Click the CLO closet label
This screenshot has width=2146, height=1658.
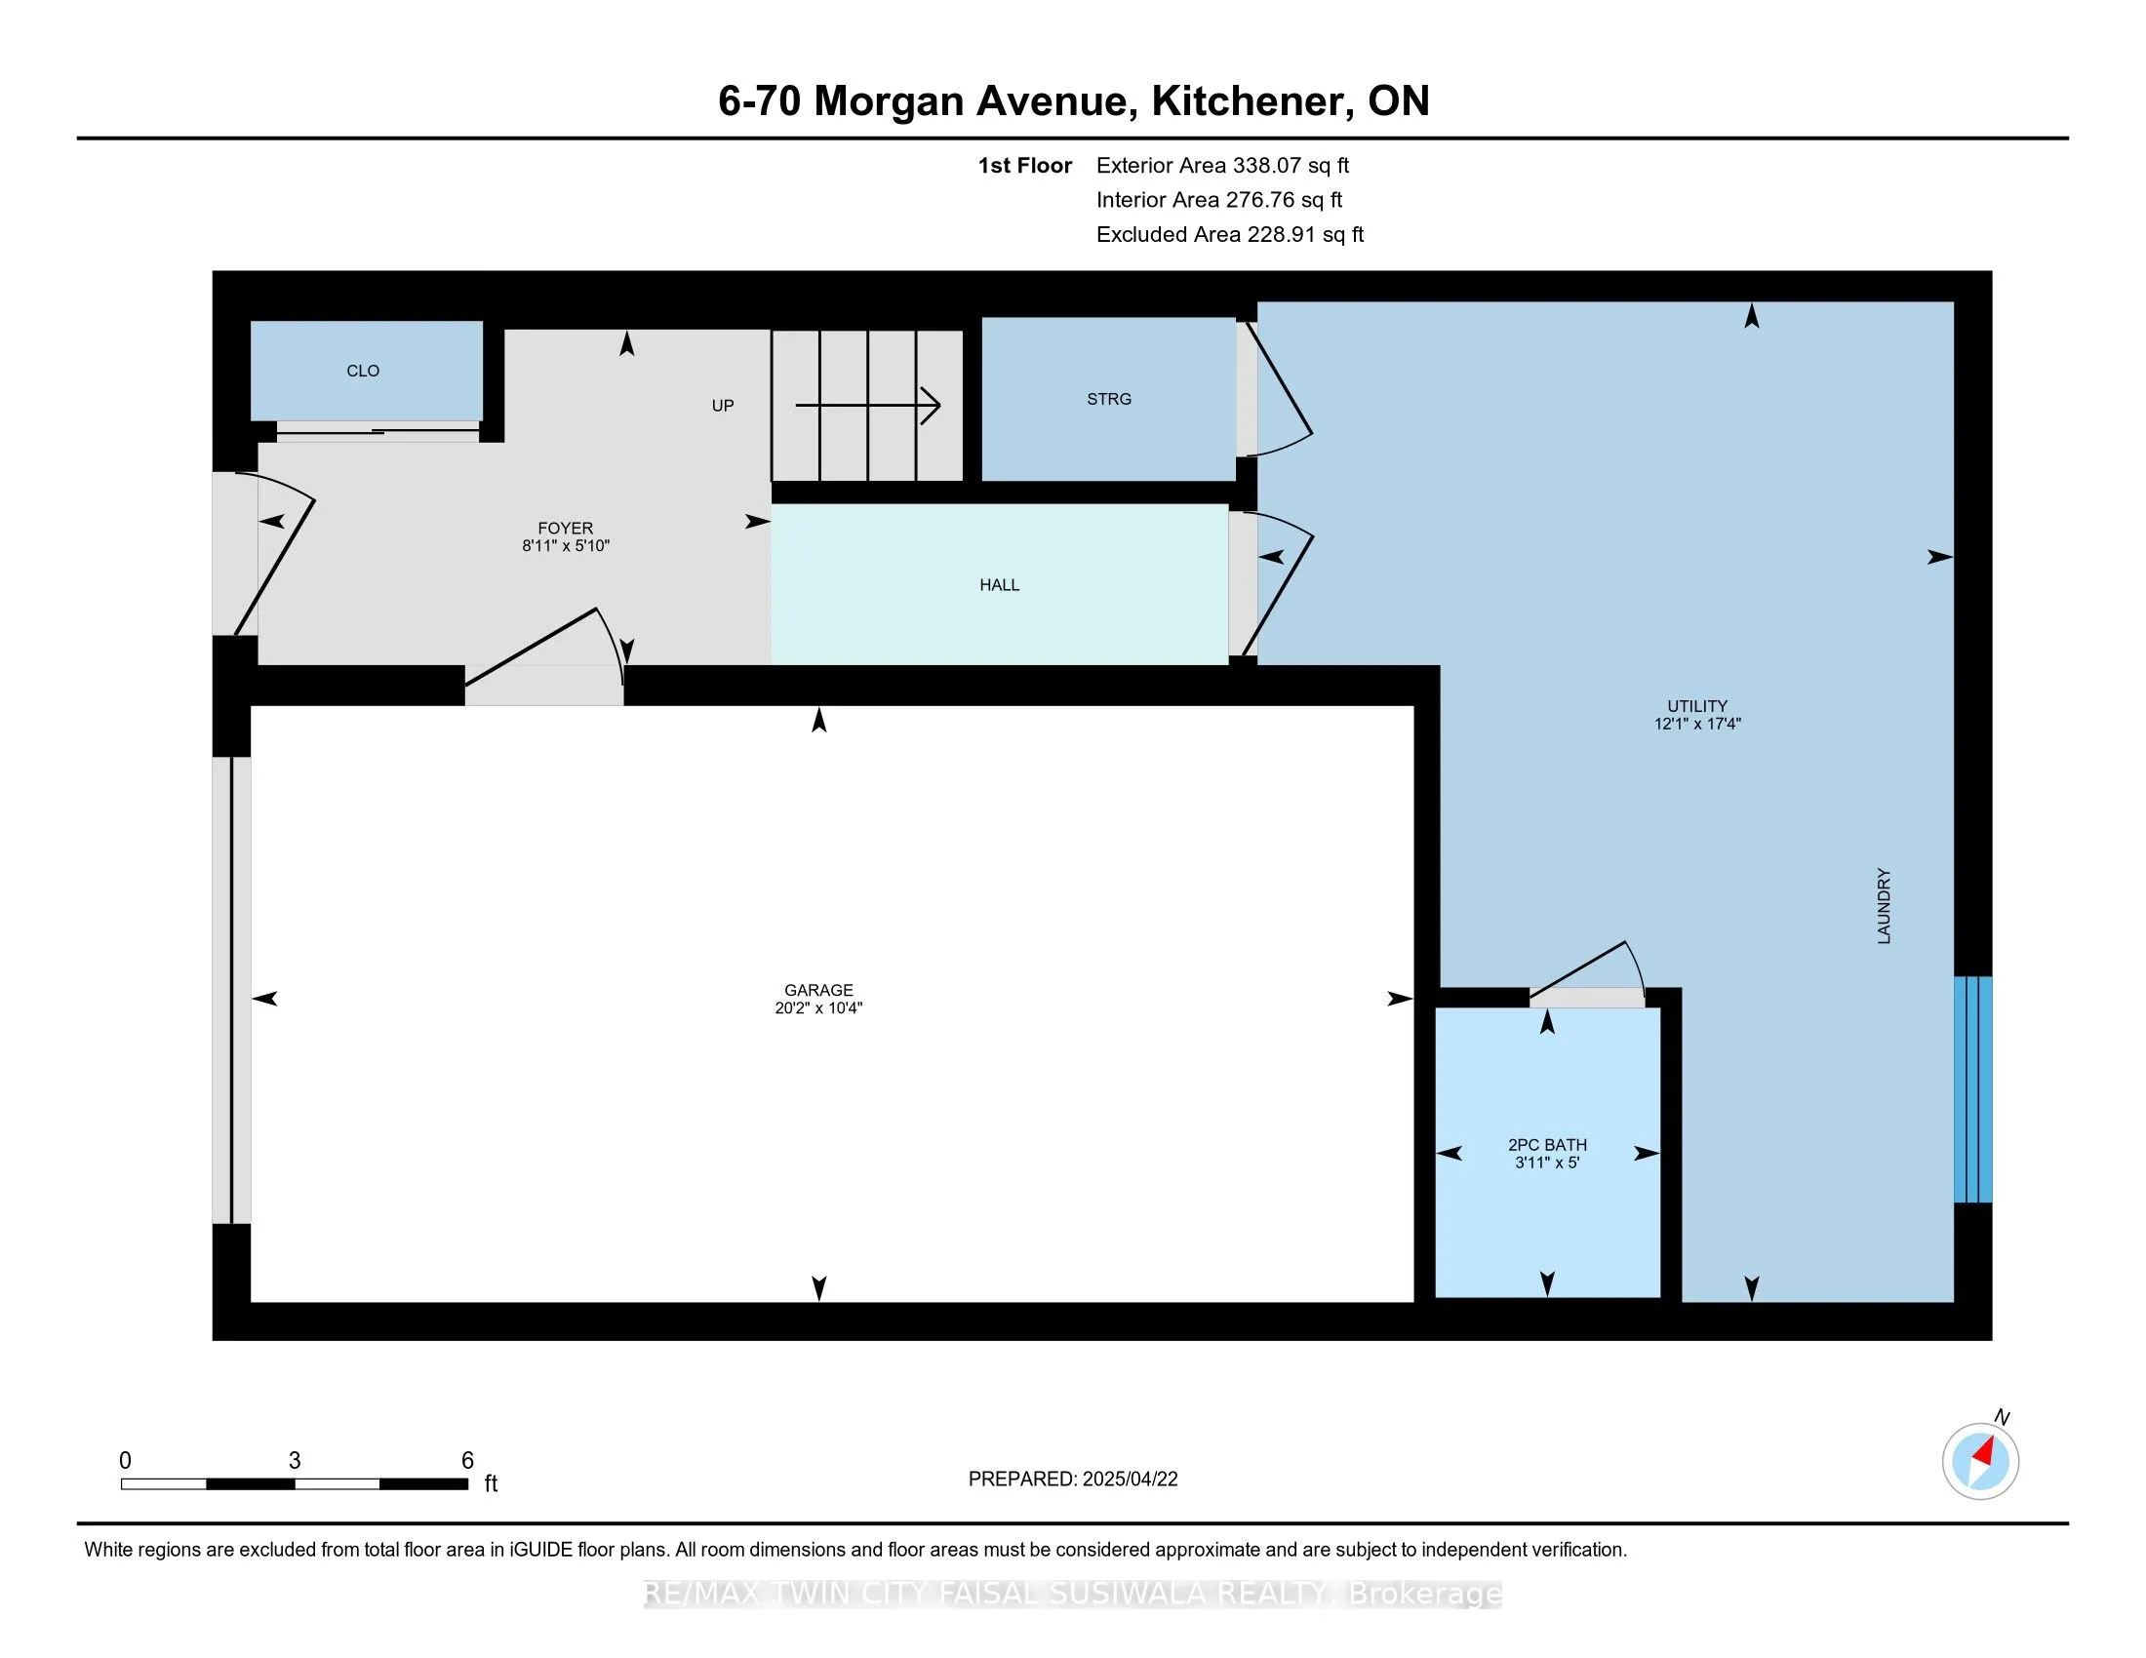pos(363,371)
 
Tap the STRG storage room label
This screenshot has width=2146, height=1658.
pos(1108,399)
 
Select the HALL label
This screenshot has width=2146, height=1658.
pos(999,584)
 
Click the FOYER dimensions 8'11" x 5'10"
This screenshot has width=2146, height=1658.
pos(565,546)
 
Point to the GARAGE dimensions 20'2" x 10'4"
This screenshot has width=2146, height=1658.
pos(818,1007)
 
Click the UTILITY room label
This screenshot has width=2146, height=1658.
pos(1697,706)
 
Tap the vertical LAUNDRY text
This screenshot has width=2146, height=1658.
pos(1884,906)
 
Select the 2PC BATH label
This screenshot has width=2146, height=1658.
pos(1547,1144)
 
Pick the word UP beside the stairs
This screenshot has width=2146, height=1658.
pos(722,406)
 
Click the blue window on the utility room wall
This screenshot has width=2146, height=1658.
pos(1972,1089)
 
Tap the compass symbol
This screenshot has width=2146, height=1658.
pos(1980,1461)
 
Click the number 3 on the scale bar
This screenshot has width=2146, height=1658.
pos(294,1460)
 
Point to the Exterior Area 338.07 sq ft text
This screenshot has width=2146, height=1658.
pos(1222,165)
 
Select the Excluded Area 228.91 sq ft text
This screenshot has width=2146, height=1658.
pos(1229,234)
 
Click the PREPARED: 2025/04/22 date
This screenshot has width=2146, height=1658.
pos(1072,1480)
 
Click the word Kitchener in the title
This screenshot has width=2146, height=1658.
pos(1247,100)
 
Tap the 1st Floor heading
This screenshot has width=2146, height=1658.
pos(1024,165)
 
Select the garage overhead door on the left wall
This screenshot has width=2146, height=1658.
pos(232,990)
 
